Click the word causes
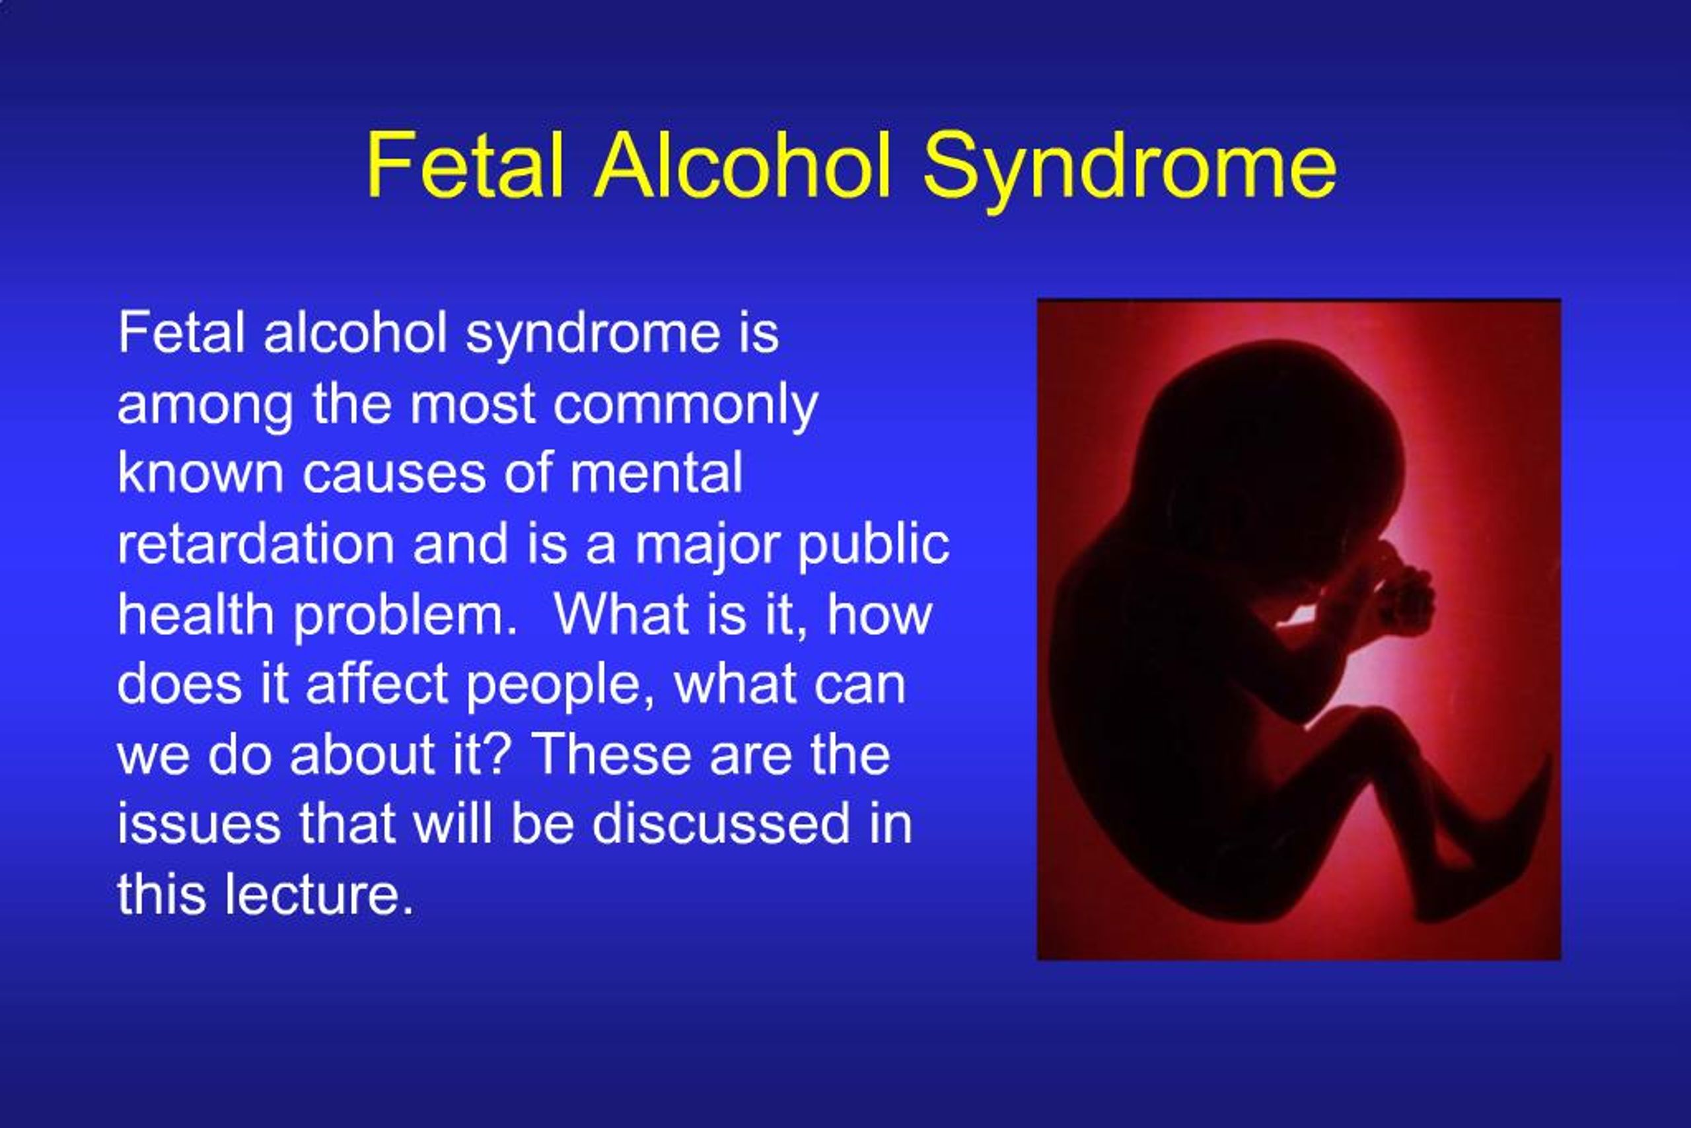pos(394,475)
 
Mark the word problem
pos(404,616)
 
